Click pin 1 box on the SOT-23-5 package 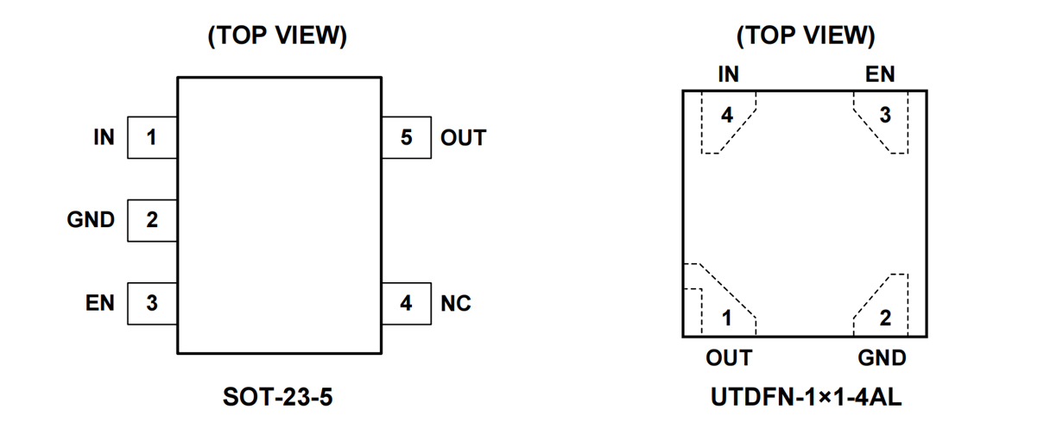point(152,137)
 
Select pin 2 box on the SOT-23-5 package point(152,220)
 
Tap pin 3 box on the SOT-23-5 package point(152,303)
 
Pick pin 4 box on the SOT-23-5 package point(406,303)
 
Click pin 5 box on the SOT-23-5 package point(406,137)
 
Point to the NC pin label point(456,304)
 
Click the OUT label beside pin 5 point(463,138)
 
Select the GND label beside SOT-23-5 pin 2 point(91,220)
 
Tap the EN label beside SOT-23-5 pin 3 point(100,303)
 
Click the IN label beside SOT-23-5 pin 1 point(104,137)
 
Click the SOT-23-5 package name point(278,398)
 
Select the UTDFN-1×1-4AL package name point(807,398)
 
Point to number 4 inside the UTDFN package point(727,115)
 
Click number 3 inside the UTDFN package point(885,115)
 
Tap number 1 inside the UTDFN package point(727,318)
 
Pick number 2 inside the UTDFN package point(885,318)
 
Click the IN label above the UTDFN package point(728,75)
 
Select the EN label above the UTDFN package point(880,75)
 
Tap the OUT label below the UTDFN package point(729,357)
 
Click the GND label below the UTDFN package point(882,357)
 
